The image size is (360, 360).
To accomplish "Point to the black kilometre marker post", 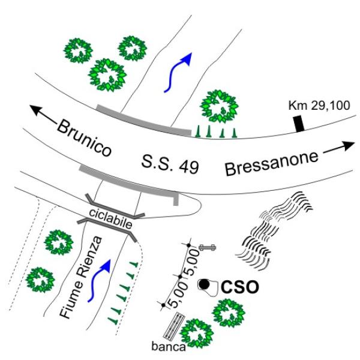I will [299, 122].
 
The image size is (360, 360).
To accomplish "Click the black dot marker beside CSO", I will [205, 284].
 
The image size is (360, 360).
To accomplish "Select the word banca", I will [169, 346].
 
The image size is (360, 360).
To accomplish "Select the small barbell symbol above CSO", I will [208, 247].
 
